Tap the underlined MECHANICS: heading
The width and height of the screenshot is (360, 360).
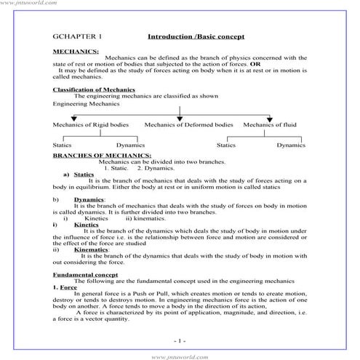(x=76, y=52)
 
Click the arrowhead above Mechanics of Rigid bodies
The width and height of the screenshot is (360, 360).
(x=73, y=119)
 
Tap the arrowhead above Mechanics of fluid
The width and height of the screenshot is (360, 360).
(x=270, y=119)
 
